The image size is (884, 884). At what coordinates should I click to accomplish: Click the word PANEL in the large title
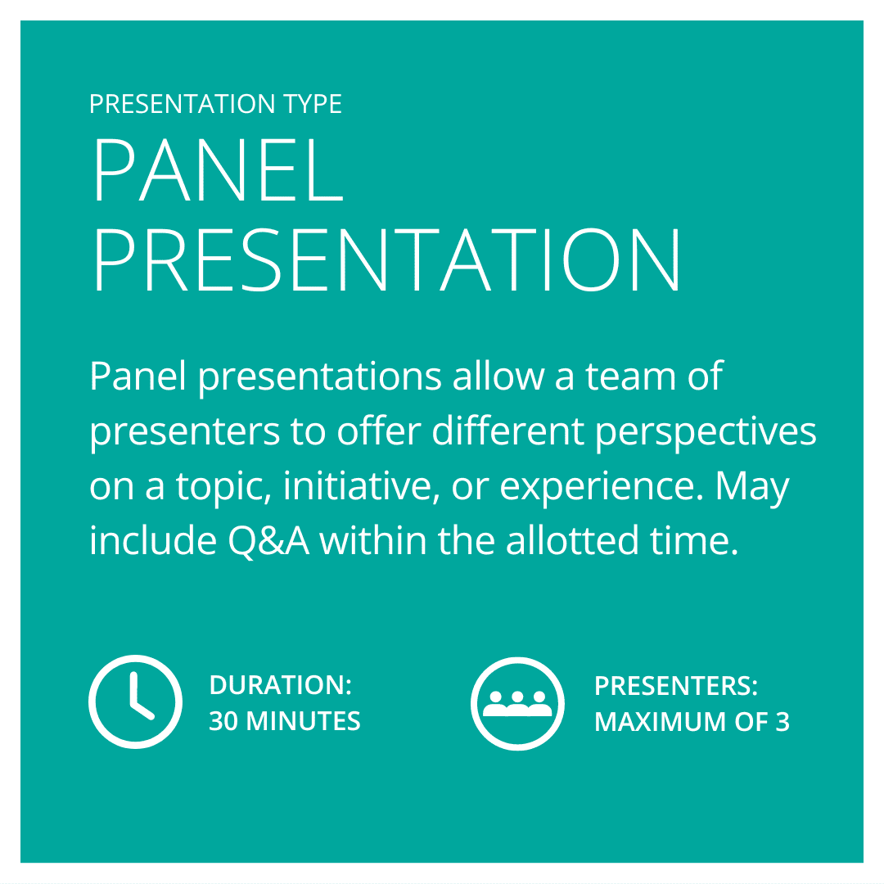(219, 169)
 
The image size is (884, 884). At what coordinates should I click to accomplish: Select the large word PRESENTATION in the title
(387, 259)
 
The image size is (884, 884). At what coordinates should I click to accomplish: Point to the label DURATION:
(281, 685)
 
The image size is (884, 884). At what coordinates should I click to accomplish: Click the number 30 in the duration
(223, 721)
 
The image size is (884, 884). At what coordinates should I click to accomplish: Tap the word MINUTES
(304, 721)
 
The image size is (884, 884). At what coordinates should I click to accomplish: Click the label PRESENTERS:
(676, 686)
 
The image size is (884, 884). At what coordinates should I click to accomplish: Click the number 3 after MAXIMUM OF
(783, 722)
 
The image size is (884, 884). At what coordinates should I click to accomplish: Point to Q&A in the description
(268, 541)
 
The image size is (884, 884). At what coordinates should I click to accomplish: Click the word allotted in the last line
(572, 540)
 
